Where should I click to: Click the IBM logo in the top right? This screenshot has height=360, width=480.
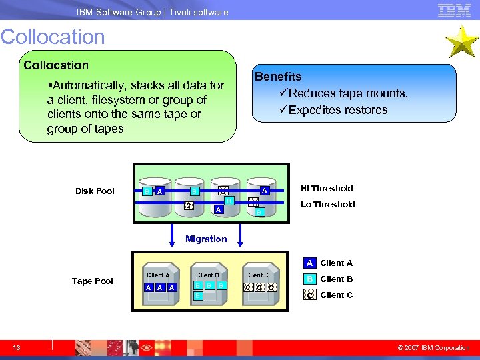pos(454,10)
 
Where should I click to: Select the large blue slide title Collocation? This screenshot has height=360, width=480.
pos(53,37)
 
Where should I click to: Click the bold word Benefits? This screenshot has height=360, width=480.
pos(278,77)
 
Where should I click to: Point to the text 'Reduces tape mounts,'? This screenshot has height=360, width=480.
pos(343,93)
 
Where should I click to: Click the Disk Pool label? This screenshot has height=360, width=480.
pos(95,191)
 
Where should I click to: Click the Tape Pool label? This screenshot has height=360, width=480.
pos(93,281)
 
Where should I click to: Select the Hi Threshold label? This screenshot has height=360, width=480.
pos(327,189)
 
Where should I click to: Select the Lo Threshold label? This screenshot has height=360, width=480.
pos(327,205)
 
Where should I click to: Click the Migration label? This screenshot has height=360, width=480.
pos(206,239)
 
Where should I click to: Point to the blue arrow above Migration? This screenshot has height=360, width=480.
pos(184,227)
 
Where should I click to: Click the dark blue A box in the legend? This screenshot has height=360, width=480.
pos(309,263)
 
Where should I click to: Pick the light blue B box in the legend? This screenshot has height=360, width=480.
pos(309,279)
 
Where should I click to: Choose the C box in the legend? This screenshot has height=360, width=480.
pos(309,295)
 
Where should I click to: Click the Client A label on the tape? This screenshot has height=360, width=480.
pos(158,275)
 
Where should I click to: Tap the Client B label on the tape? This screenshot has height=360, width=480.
pos(207,275)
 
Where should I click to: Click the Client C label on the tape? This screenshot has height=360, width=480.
pos(257,275)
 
